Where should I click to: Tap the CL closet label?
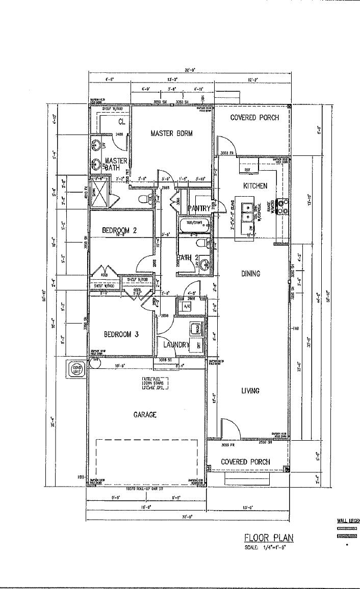[x=121, y=122]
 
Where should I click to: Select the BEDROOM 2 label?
[x=119, y=230]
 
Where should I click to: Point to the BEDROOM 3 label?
[x=121, y=335]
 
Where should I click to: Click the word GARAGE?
[x=145, y=415]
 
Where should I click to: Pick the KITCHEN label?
[x=255, y=186]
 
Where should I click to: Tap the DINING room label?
[x=250, y=274]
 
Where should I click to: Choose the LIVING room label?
[x=250, y=391]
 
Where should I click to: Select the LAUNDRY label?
[x=176, y=345]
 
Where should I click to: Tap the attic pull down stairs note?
[x=154, y=384]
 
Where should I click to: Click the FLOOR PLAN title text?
[x=269, y=538]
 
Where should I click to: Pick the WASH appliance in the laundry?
[x=194, y=328]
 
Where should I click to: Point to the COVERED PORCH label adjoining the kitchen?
[x=254, y=118]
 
